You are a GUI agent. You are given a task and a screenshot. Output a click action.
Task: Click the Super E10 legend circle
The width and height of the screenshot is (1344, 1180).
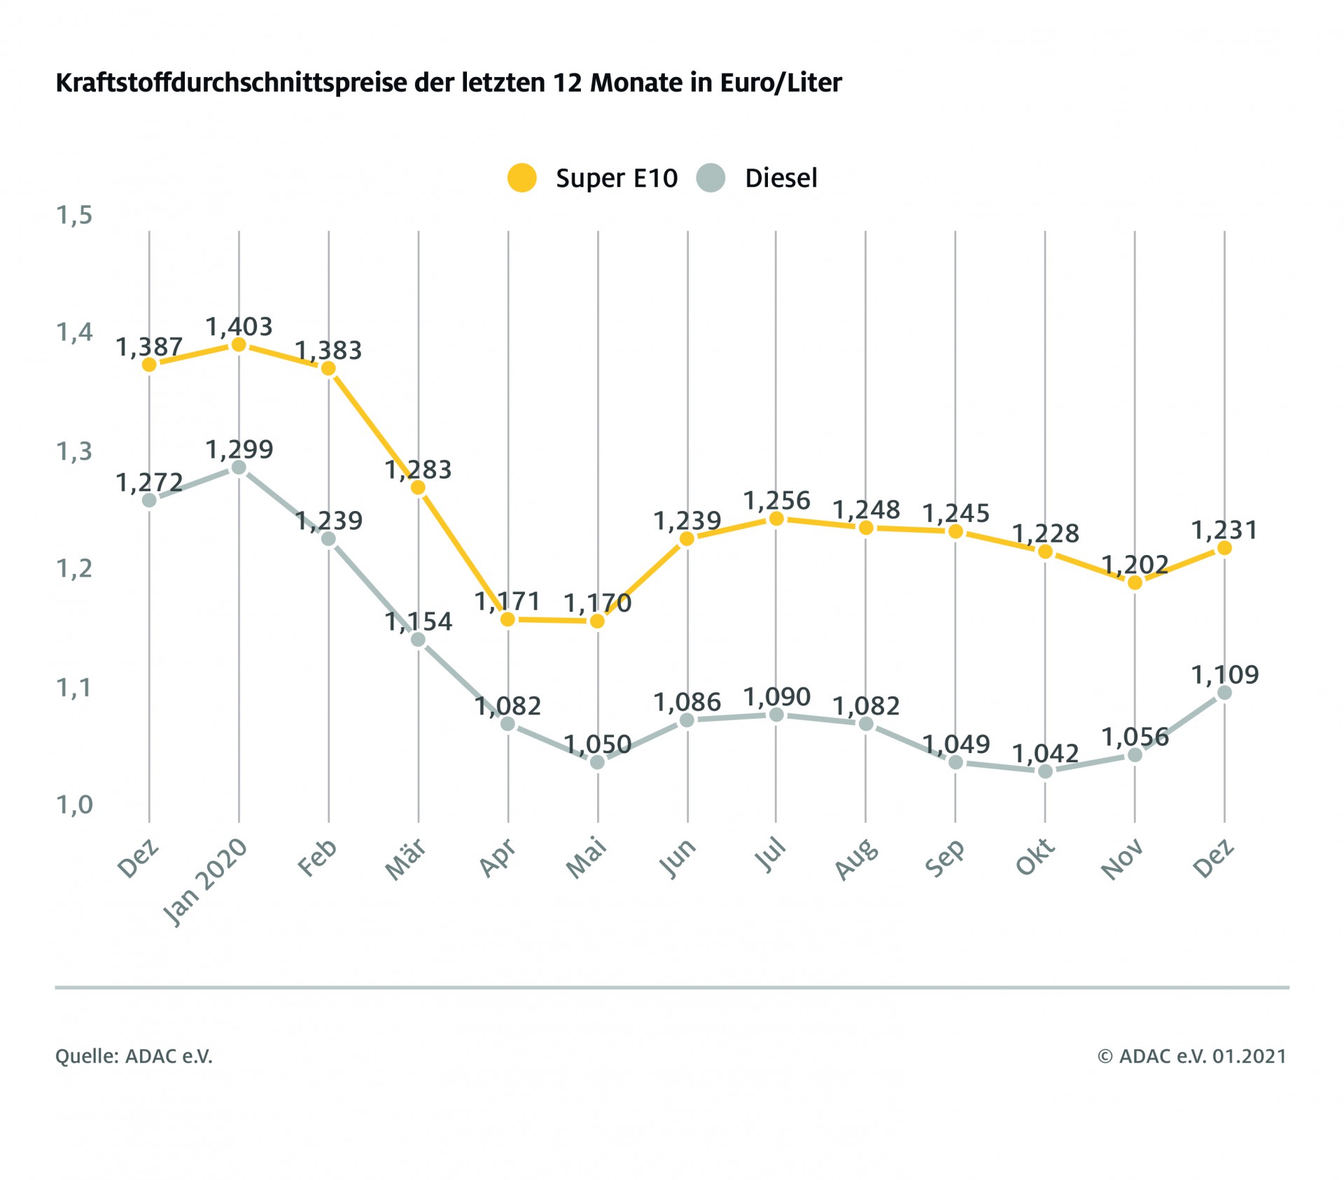[x=521, y=178]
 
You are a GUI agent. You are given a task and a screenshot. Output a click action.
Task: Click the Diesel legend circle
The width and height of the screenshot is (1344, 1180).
[x=710, y=178]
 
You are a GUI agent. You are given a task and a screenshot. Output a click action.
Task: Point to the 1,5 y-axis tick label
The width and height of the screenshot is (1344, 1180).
[x=74, y=216]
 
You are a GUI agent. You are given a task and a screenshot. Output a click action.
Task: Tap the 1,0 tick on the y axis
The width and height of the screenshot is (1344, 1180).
[x=74, y=805]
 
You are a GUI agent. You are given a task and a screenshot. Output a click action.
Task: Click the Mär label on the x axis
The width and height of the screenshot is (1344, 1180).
[x=407, y=859]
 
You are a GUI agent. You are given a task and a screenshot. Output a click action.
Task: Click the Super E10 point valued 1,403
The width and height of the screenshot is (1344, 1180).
[x=239, y=344]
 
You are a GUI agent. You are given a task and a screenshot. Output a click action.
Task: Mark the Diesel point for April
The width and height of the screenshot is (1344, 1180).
[x=508, y=724]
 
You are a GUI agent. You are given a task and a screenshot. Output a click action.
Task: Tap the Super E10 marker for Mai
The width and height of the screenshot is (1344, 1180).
[x=598, y=621]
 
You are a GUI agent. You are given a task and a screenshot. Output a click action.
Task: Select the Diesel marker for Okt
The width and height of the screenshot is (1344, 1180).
[x=1045, y=771]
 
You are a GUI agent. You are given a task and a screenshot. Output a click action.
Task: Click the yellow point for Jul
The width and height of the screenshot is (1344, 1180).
[x=776, y=519]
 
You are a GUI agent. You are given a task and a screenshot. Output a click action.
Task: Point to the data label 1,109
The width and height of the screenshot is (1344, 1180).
[x=1225, y=675]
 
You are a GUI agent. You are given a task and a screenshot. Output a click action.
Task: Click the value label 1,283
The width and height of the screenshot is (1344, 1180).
[x=418, y=470]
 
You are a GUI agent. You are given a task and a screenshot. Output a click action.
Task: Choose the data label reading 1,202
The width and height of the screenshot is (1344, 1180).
[x=1135, y=565]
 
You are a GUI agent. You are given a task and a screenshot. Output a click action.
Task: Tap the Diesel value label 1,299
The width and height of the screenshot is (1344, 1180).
[x=239, y=449]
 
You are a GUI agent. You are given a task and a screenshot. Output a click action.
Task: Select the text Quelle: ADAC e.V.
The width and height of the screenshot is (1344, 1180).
[x=134, y=1055]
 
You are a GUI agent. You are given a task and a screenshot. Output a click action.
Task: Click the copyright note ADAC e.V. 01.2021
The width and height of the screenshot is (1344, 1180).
[x=1192, y=1055]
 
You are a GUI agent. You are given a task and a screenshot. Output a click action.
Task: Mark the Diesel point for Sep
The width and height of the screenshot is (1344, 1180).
[x=955, y=762]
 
